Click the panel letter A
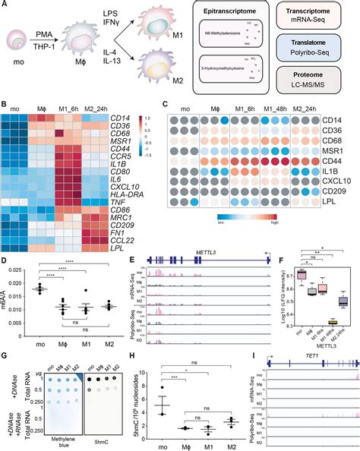(x=5, y=5)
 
